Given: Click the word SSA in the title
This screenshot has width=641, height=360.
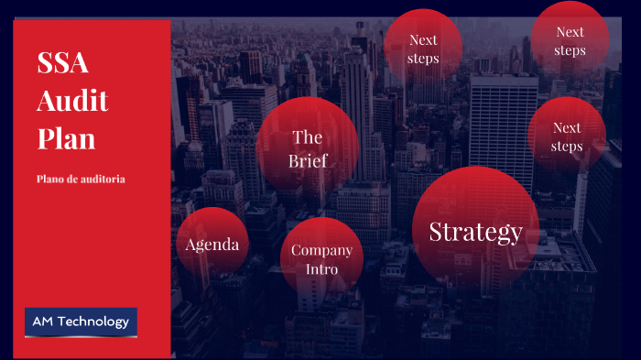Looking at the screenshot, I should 62,63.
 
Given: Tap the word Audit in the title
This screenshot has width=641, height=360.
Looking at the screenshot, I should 72,101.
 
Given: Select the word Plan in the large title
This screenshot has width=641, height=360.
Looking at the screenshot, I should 66,138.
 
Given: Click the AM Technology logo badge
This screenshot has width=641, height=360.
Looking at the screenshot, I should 81,322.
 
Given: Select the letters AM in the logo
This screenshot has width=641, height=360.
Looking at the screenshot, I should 43,322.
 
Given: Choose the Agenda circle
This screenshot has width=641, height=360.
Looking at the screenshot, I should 212,244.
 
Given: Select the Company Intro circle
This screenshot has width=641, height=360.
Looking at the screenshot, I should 321,259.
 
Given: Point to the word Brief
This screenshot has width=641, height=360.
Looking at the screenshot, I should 308,161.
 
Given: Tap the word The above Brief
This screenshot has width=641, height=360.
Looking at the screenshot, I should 307,138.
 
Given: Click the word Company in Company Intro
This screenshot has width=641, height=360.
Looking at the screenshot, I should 321,250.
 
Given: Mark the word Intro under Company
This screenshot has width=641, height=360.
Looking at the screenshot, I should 321,269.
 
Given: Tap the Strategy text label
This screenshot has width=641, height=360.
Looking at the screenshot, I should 475,232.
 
